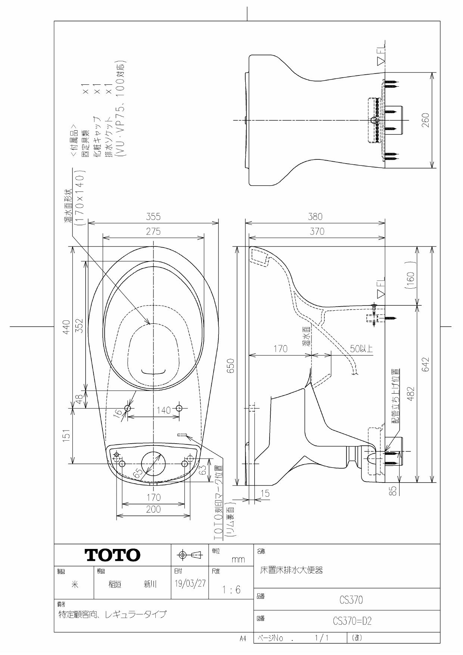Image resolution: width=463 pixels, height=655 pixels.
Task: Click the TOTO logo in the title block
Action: click(x=113, y=555)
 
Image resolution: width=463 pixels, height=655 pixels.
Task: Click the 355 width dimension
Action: click(x=153, y=217)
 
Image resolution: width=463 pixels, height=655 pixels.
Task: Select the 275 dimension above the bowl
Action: click(x=153, y=232)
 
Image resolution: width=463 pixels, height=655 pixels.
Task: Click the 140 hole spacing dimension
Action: click(x=163, y=410)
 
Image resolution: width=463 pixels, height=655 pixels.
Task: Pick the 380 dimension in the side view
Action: click(x=315, y=217)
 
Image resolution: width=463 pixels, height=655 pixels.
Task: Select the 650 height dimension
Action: click(x=231, y=366)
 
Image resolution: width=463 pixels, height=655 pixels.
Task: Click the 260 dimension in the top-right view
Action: click(x=426, y=120)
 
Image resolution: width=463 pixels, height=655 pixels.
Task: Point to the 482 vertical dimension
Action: click(x=410, y=394)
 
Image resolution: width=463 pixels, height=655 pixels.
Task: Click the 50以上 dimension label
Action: click(x=361, y=349)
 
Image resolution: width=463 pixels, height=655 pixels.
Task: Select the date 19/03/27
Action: click(x=190, y=584)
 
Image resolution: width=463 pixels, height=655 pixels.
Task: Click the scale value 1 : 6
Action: click(x=231, y=590)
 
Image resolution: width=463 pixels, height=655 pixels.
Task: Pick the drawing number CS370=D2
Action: click(x=352, y=621)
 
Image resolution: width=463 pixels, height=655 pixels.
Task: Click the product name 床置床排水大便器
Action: click(x=291, y=570)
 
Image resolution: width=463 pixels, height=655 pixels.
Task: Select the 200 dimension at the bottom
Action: click(x=153, y=509)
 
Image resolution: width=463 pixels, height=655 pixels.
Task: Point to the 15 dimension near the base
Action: click(x=265, y=493)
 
